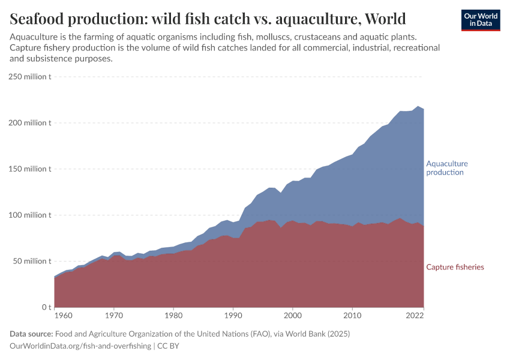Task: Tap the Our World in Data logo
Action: coord(480,20)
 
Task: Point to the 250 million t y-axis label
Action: coord(30,77)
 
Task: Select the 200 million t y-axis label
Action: coord(30,123)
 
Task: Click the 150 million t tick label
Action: coord(30,169)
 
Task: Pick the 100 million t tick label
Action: coord(30,215)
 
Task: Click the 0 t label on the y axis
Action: coord(46,307)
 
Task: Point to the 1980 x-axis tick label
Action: coord(173,315)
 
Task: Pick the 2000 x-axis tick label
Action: coord(292,315)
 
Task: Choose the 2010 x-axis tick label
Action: coord(352,315)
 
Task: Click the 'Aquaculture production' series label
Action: coord(446,168)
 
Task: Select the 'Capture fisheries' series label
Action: coord(455,267)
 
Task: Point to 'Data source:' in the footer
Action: coord(31,334)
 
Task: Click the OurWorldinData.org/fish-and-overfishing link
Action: coord(80,346)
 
